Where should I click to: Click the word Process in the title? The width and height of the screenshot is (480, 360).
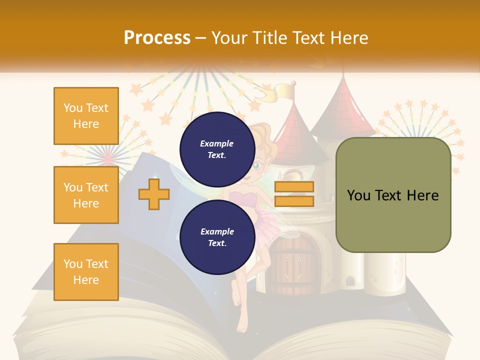tap(157, 37)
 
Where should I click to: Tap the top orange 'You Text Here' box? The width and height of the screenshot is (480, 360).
tap(86, 116)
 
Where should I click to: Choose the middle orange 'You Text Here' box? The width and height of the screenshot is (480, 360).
tap(86, 195)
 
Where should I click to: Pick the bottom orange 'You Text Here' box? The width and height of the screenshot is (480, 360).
tap(86, 272)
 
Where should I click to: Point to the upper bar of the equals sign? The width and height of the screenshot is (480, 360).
tap(294, 186)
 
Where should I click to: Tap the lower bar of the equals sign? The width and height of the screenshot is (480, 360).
tap(294, 201)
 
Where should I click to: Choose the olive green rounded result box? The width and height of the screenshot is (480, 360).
tap(393, 195)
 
